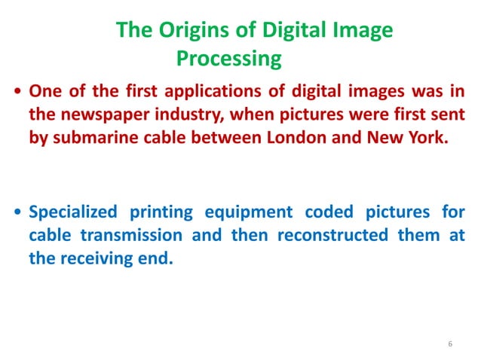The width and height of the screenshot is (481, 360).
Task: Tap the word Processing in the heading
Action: click(228, 58)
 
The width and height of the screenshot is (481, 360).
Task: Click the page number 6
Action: click(450, 345)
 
